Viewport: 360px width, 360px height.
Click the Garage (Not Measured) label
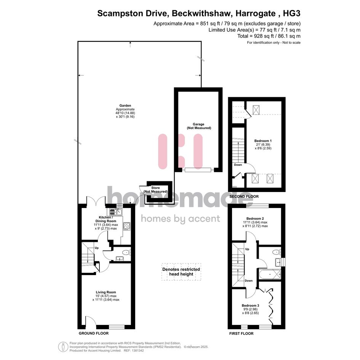click(199, 126)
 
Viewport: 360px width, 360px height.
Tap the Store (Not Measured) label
click(155, 190)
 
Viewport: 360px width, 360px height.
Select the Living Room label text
click(106, 292)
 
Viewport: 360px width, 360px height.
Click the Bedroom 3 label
click(250, 306)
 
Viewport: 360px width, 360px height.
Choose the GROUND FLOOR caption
click(94, 333)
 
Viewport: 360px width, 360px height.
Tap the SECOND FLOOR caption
click(244, 197)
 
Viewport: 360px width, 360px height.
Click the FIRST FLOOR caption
click(241, 334)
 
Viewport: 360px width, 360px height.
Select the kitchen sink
click(116, 212)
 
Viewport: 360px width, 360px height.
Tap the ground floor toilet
click(126, 253)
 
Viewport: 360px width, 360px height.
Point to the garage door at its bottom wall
click(198, 170)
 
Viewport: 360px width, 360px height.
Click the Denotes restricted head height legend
click(181, 272)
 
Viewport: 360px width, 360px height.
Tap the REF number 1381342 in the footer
click(137, 350)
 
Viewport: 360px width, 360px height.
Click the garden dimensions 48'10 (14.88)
click(125, 113)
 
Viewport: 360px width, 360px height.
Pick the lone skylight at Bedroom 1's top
click(256, 109)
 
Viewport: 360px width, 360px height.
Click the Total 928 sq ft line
click(269, 36)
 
